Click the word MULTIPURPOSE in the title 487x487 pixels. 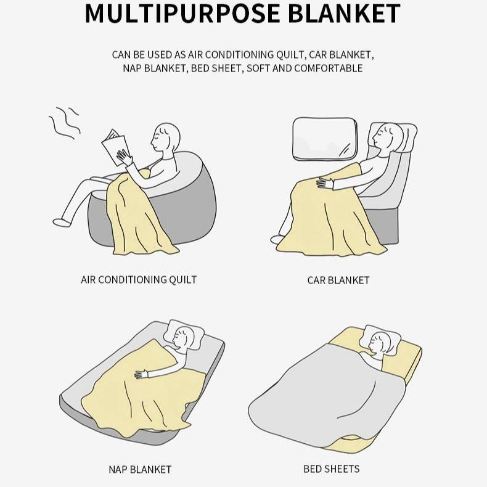(x=182, y=13)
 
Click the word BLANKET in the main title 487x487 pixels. (x=344, y=13)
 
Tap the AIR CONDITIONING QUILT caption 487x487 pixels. (x=139, y=279)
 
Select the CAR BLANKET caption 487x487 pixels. (x=338, y=280)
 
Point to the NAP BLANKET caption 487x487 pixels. (x=140, y=469)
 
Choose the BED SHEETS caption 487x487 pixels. (x=332, y=469)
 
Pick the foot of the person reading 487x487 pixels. (x=62, y=223)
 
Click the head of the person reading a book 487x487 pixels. (x=165, y=137)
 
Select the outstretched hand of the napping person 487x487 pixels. (x=141, y=374)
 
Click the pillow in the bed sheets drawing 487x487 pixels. (x=380, y=340)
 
